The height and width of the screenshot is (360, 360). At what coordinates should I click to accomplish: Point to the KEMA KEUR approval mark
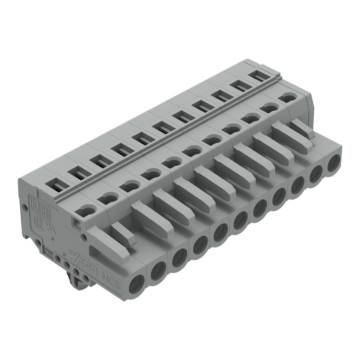click(41, 208)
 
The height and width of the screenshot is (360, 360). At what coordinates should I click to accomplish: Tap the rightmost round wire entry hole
click(333, 163)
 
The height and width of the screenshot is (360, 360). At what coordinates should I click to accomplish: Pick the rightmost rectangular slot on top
click(259, 75)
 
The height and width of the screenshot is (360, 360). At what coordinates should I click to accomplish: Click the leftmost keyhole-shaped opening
click(85, 211)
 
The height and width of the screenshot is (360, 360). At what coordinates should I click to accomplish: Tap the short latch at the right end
click(302, 128)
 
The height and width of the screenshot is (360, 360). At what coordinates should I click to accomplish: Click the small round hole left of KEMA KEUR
click(25, 208)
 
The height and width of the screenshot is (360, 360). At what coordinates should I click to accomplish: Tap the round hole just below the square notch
click(84, 237)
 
